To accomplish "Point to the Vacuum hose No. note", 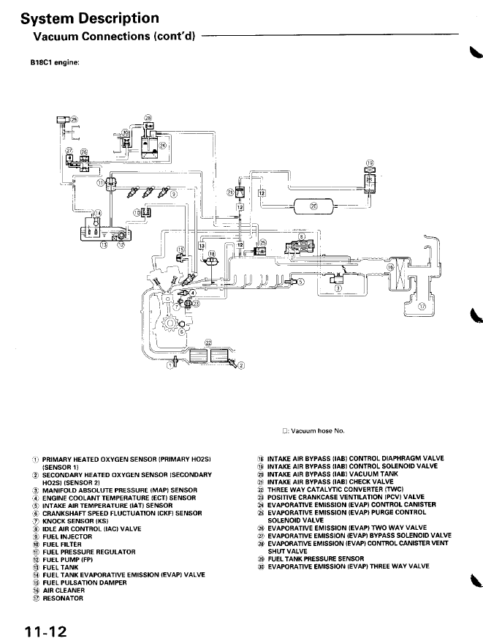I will coord(312,431).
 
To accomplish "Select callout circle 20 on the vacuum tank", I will coord(314,206).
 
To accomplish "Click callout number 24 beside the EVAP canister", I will coord(163,145).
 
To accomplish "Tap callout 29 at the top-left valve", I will coord(72,119).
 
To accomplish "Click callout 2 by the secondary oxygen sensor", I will coord(243,365).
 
